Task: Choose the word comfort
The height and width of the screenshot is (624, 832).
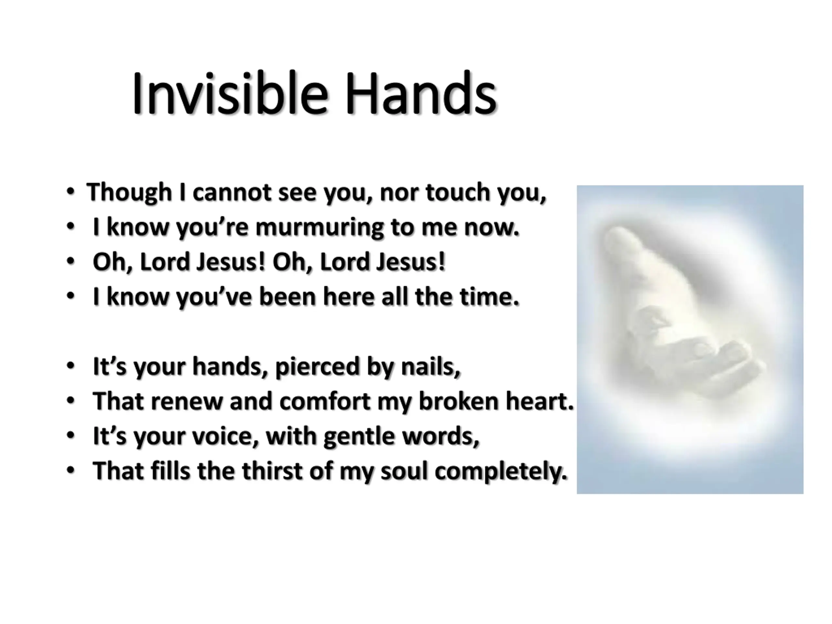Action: [325, 401]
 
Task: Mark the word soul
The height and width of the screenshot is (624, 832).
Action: [404, 471]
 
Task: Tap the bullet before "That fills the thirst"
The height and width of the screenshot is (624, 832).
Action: [70, 470]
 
